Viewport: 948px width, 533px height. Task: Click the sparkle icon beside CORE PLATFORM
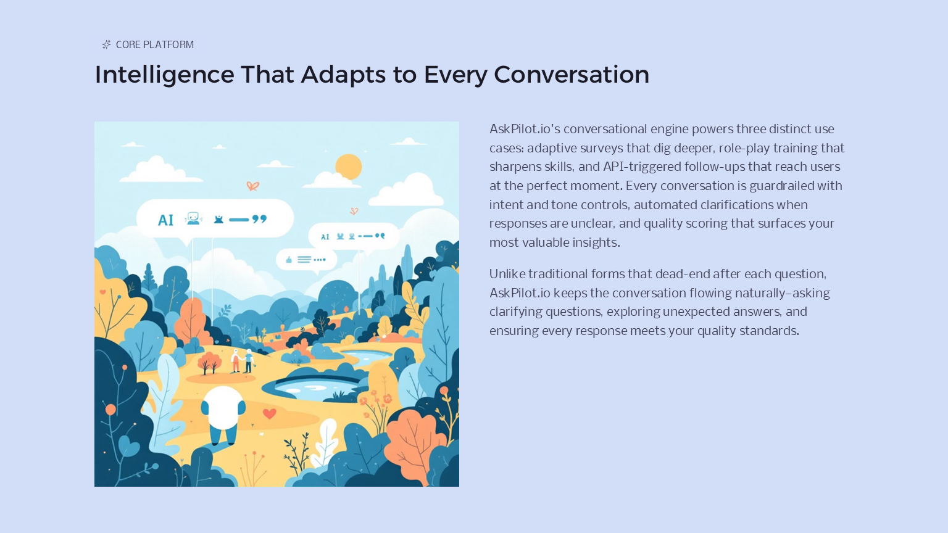[106, 44]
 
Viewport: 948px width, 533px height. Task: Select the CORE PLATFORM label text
[155, 44]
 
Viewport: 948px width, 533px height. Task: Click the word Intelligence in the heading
[164, 75]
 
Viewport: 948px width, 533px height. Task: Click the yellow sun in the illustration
[349, 167]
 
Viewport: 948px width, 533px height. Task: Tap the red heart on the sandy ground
[269, 413]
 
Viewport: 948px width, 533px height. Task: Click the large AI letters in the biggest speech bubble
[166, 220]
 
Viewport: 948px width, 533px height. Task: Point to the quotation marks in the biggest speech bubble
[260, 219]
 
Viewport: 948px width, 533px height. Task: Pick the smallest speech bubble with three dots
[306, 260]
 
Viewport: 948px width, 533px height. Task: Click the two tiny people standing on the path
[242, 361]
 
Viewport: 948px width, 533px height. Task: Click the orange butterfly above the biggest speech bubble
[252, 186]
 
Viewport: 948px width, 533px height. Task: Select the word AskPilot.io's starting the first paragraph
[525, 129]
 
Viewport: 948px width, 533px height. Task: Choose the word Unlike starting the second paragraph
[507, 274]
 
